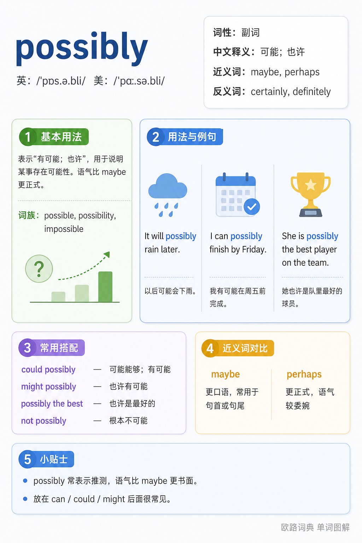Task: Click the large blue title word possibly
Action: click(82, 48)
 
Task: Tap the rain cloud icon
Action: click(168, 195)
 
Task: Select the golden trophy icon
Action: click(311, 194)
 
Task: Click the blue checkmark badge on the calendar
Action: click(252, 206)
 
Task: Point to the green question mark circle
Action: click(39, 269)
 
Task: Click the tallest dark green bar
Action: click(105, 287)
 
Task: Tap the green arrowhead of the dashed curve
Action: click(107, 255)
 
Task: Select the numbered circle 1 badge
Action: click(28, 137)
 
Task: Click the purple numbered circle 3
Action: click(27, 348)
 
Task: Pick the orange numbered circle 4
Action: click(210, 348)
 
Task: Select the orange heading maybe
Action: click(225, 374)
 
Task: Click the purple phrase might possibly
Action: click(48, 387)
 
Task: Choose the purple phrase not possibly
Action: click(43, 421)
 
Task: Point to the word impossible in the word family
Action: click(64, 229)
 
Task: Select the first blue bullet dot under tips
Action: click(25, 481)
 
